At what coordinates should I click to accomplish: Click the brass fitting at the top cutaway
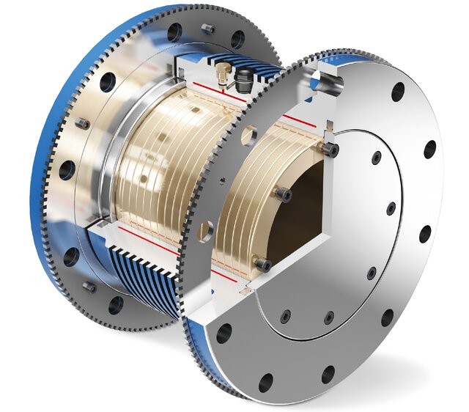click(x=219, y=73)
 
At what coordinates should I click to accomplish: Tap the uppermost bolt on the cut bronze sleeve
click(x=330, y=150)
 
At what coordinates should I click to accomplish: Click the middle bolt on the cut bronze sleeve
click(x=284, y=194)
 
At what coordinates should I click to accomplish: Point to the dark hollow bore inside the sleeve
click(x=293, y=220)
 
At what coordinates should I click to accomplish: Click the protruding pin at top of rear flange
click(x=207, y=29)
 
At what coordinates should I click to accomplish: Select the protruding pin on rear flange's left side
click(x=83, y=124)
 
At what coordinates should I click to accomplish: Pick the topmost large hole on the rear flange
click(x=174, y=33)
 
